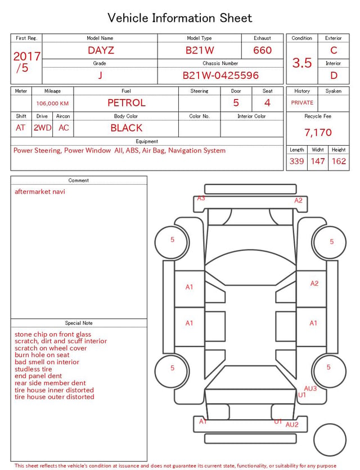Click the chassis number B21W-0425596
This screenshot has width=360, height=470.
[220, 75]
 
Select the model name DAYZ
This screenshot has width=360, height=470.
[101, 50]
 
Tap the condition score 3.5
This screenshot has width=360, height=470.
[302, 62]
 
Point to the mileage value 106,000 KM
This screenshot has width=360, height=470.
[52, 104]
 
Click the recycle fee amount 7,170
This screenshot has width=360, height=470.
[318, 132]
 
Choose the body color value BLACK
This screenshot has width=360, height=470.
[127, 128]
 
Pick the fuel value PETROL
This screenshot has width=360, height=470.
[127, 103]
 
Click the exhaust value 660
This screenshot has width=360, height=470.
[262, 50]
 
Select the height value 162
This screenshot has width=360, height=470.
[339, 161]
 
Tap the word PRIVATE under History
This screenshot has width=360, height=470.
[302, 102]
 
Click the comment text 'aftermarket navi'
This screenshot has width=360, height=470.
[40, 191]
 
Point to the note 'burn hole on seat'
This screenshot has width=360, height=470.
[42, 355]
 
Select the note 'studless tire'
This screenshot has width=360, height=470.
[33, 369]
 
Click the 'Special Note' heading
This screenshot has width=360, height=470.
[79, 323]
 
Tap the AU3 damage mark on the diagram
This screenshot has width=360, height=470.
[310, 388]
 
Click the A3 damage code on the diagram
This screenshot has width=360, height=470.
[201, 198]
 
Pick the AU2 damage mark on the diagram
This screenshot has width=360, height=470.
[292, 425]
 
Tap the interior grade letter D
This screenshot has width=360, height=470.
[334, 75]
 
